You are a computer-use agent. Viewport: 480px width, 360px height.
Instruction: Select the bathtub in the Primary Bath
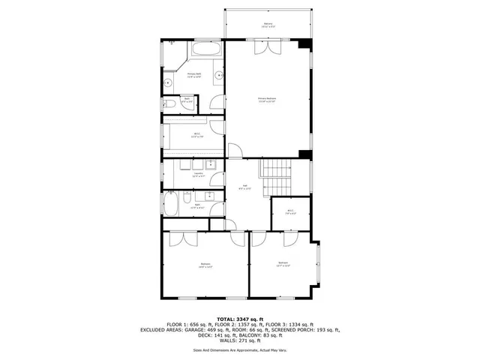click(x=205, y=49)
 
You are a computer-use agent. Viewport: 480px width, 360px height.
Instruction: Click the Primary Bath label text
click(x=194, y=75)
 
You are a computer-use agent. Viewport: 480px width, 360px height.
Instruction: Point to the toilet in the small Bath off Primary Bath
click(x=169, y=104)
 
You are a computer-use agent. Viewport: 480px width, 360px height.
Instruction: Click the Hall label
click(x=241, y=188)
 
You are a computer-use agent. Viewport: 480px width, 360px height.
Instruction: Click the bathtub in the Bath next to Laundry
click(x=170, y=203)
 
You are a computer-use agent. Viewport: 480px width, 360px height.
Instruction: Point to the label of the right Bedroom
click(x=283, y=263)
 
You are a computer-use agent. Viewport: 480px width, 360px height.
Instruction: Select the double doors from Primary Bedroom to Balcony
click(x=268, y=46)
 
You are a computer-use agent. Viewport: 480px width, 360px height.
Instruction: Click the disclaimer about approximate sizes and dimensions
click(x=239, y=350)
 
